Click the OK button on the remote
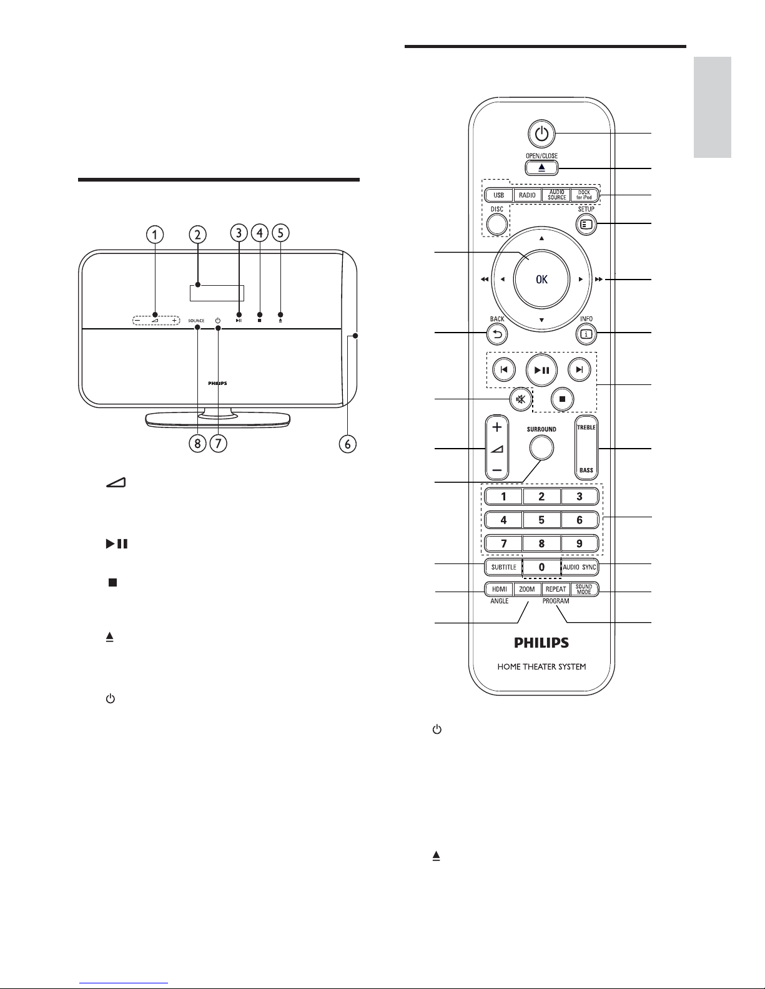(541, 279)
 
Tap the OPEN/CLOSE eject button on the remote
(541, 168)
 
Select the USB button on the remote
(499, 195)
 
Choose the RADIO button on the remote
(527, 195)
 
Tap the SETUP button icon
(586, 224)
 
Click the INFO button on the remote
(586, 334)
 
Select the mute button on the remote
(521, 399)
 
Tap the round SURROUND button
(541, 448)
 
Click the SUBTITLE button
(503, 567)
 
